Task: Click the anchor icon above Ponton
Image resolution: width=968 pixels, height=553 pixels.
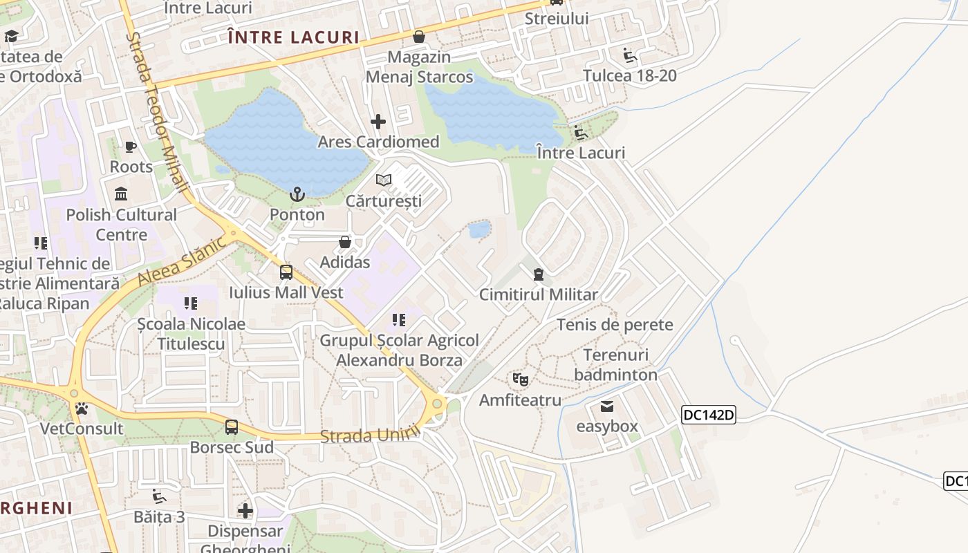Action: [297, 194]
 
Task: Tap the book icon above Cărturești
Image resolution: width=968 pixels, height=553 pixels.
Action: [384, 180]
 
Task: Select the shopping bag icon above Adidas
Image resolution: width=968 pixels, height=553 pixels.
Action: [345, 242]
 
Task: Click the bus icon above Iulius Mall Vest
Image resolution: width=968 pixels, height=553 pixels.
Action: [286, 272]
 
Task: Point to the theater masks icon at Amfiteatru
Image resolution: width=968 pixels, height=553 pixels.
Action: [521, 379]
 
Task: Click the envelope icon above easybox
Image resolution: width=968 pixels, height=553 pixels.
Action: [607, 406]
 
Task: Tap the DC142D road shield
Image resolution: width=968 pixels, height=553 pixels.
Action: [709, 415]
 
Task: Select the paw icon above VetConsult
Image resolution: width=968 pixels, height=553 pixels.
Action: [82, 409]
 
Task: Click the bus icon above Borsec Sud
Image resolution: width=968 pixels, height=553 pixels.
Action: [232, 427]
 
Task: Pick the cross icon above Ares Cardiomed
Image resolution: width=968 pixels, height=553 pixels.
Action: [378, 122]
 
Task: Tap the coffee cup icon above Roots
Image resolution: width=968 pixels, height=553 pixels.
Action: [130, 147]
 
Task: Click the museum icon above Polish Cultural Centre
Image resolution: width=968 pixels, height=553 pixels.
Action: [122, 194]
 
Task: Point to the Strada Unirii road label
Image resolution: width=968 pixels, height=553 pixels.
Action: [371, 435]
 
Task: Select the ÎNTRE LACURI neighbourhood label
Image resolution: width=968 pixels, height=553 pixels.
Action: [294, 37]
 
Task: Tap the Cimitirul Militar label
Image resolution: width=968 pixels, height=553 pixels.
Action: [539, 294]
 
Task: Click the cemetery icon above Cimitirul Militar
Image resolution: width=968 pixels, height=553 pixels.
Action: [539, 274]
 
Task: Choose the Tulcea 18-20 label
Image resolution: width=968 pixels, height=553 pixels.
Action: [630, 75]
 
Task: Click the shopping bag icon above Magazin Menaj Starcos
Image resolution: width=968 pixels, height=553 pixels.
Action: [419, 36]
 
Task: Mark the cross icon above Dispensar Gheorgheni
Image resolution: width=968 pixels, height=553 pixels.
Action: [245, 511]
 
